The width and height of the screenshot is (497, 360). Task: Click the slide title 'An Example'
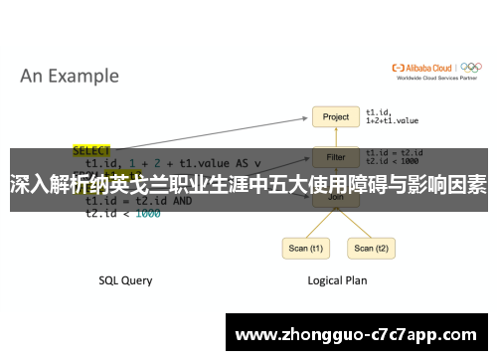click(x=70, y=76)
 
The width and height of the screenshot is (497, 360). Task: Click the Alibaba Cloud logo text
click(x=424, y=68)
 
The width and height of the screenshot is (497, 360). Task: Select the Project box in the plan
click(x=336, y=117)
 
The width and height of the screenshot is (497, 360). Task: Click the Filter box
click(x=336, y=156)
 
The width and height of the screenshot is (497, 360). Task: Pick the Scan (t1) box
click(x=305, y=249)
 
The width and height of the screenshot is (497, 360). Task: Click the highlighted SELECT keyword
click(x=91, y=151)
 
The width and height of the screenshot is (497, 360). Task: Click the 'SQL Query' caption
click(x=125, y=280)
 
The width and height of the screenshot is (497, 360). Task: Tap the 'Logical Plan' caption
click(x=336, y=280)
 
